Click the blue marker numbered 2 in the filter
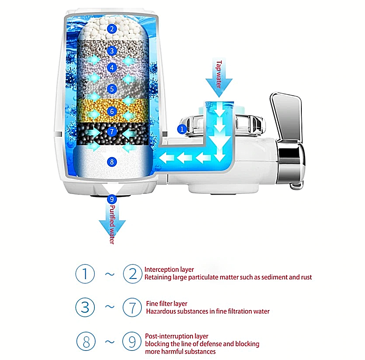(111, 29)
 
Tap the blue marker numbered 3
(111, 51)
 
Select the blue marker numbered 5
(111, 89)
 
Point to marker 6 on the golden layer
(111, 111)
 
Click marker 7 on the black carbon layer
(111, 131)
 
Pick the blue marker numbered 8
(111, 161)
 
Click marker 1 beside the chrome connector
(181, 129)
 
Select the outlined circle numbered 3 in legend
(85, 307)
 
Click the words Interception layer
(169, 270)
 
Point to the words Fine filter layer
(167, 303)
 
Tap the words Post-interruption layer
(177, 336)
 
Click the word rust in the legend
(306, 277)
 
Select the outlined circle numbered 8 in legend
(85, 342)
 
